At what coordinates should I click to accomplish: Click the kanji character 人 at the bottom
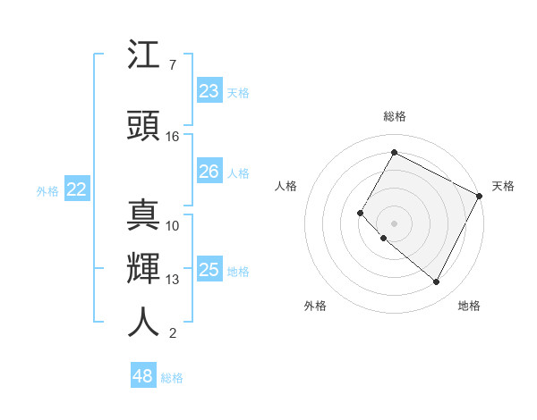coord(144,322)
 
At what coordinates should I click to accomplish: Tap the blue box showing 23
coord(209,91)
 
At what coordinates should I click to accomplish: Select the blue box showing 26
coord(209,172)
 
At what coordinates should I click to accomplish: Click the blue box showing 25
coord(209,270)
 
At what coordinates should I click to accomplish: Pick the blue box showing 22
coord(77,189)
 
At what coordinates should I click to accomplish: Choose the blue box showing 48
coord(142,376)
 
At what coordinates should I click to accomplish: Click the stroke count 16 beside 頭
coord(173,137)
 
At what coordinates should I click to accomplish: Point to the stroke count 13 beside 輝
coord(173,280)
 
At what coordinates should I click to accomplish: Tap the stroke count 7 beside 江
coord(172,65)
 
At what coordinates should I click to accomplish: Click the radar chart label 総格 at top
coord(394,116)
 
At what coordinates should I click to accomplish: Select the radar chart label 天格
coord(503,186)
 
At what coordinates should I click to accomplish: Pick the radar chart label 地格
coord(469,306)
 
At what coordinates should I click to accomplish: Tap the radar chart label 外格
coord(315,306)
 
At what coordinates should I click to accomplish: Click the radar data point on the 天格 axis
coord(480,196)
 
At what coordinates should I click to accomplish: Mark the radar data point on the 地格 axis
coord(437,282)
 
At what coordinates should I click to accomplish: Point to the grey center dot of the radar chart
coord(394,223)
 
